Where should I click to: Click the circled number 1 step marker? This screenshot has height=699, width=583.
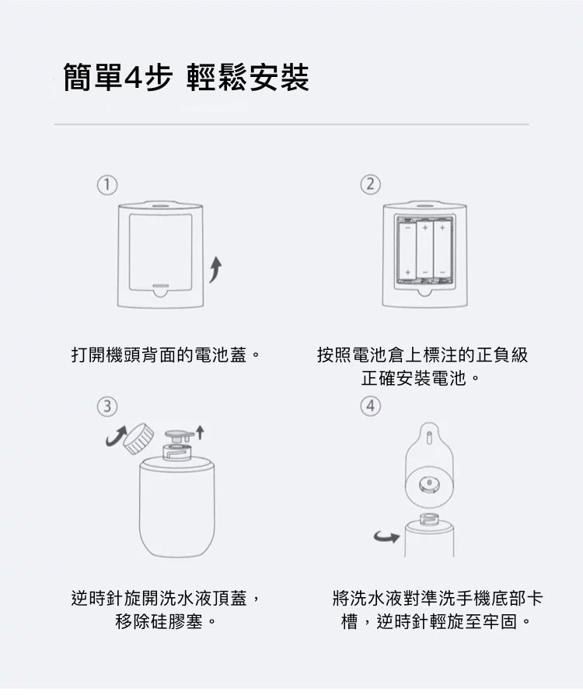pos(107,184)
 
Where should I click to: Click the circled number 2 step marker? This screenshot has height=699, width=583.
pos(371,184)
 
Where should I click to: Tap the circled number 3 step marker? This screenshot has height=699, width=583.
pos(107,406)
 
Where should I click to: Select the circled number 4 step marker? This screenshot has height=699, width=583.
pos(371,406)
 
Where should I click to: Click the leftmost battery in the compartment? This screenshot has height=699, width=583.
pos(407,250)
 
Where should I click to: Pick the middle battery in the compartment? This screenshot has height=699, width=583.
pos(424,250)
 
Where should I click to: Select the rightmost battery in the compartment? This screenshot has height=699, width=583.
pos(442,250)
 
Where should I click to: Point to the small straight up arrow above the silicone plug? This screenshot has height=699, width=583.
pos(200,430)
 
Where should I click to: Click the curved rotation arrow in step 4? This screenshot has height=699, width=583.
pos(387,536)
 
